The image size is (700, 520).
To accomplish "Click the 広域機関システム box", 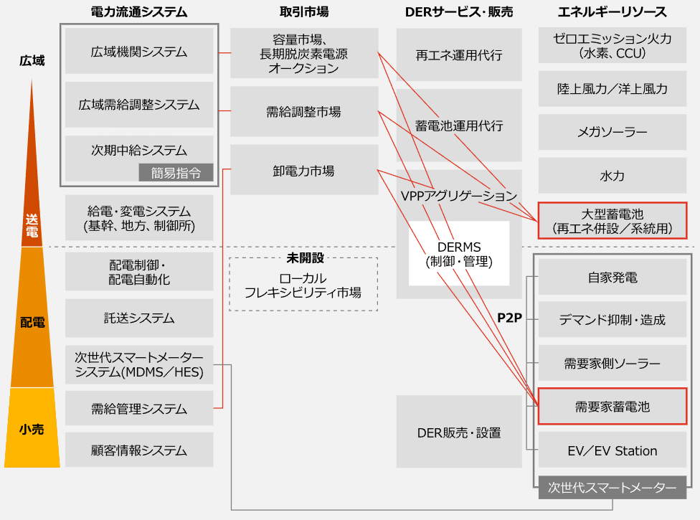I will (x=139, y=52).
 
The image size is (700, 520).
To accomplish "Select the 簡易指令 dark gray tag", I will (x=176, y=172).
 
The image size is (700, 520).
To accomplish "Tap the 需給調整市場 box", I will (x=303, y=111).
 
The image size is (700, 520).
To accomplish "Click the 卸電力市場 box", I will (x=303, y=171).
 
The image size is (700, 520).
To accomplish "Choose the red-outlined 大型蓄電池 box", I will (x=612, y=221).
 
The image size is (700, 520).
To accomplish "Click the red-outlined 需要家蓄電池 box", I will (x=612, y=407).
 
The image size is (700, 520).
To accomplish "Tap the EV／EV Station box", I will (x=612, y=450).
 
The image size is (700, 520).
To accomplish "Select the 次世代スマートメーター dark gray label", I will (x=612, y=488).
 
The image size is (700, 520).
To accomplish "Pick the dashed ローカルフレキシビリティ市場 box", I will (x=303, y=285).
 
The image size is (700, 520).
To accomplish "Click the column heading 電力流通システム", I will (x=139, y=12).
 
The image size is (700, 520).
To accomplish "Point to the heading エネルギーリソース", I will (x=612, y=12).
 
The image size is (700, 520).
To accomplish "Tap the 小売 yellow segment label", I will (x=32, y=429).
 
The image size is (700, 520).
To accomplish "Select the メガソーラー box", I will (x=612, y=133).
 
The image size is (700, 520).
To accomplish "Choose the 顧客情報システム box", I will (x=139, y=450).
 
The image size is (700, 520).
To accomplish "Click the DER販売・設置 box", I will (x=459, y=432).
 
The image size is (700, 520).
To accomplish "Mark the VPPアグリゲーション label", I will (x=459, y=195).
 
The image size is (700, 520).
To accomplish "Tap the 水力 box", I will (x=612, y=176).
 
